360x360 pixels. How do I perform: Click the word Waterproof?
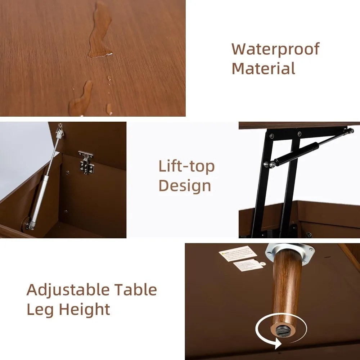tap(275, 49)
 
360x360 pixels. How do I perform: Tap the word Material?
tap(264, 68)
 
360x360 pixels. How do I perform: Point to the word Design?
tap(185, 185)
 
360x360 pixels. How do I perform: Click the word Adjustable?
tap(68, 290)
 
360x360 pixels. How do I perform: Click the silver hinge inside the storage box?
tap(86, 163)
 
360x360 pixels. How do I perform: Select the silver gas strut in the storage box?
tap(43, 184)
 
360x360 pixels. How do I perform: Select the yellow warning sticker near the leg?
tap(238, 253)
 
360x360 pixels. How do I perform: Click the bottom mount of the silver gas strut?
tap(30, 225)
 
